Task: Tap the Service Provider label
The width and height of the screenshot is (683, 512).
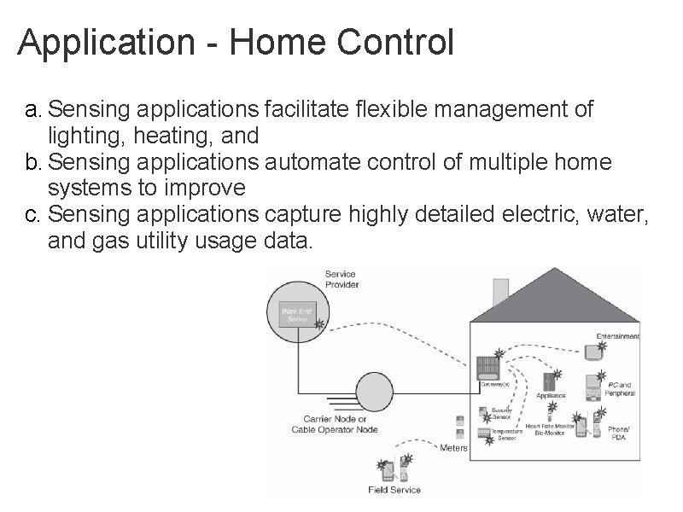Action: (341, 279)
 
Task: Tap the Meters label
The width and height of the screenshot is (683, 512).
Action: (453, 447)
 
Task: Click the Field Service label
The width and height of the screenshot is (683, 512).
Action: (394, 490)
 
